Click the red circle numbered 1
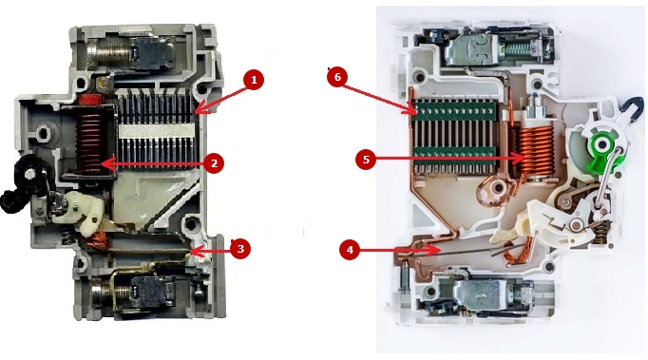[x=254, y=80]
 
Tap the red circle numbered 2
[x=214, y=163]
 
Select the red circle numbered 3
[x=240, y=249]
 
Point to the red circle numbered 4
[x=350, y=250]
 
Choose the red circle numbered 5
[x=366, y=160]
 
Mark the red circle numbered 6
[x=337, y=77]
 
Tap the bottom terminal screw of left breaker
[x=108, y=293]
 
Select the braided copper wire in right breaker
[x=518, y=253]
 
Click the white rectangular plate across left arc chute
[x=156, y=131]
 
